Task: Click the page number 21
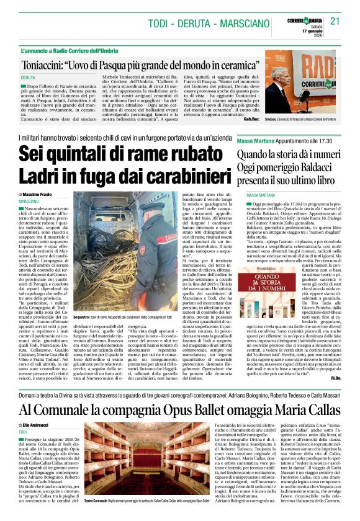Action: click(336, 20)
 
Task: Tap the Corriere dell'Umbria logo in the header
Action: click(290, 20)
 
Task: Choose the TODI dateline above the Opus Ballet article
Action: click(23, 431)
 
